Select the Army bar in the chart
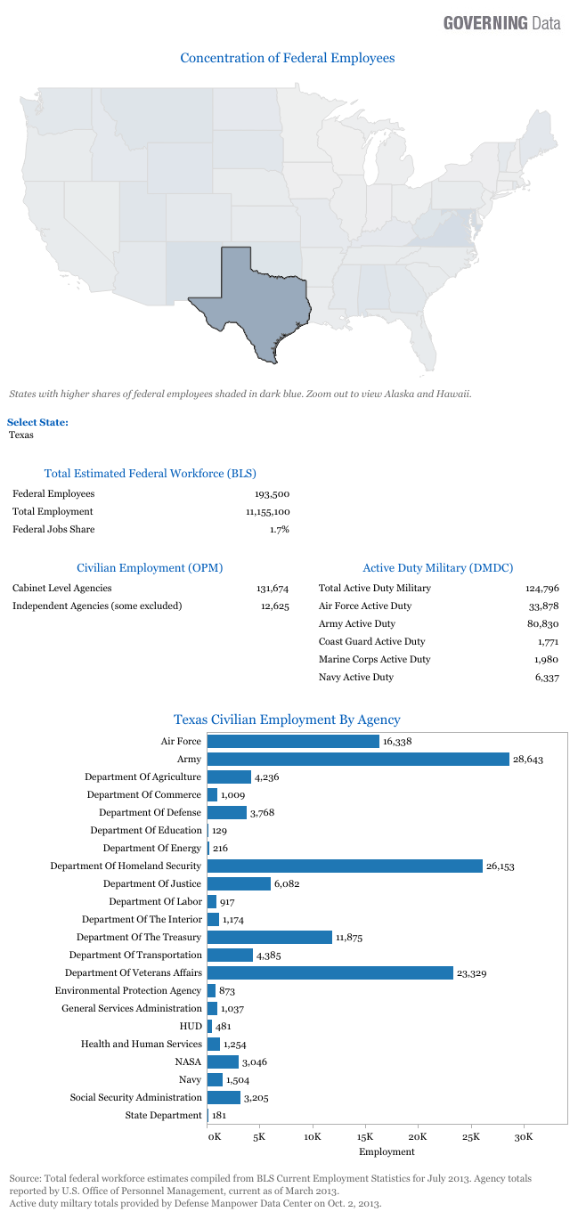[358, 759]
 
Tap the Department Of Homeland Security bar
[345, 866]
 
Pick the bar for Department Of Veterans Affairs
[330, 972]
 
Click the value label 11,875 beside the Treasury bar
[349, 937]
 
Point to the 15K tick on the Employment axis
[365, 1136]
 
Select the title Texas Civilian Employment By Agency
[287, 720]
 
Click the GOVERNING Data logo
[502, 23]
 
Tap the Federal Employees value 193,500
[273, 494]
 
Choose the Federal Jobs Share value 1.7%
[280, 530]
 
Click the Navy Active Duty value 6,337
[543, 678]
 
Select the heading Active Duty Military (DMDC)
[437, 567]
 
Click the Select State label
[37, 422]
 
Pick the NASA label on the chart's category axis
[189, 1061]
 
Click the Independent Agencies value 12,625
[273, 606]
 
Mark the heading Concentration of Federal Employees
[288, 58]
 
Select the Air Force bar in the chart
[293, 741]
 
